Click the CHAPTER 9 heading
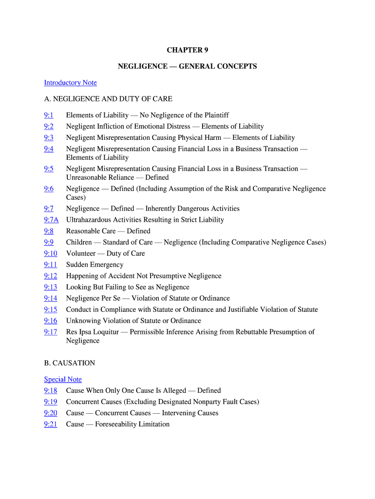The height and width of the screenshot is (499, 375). [x=187, y=50]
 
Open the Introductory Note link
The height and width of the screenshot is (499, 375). [x=70, y=82]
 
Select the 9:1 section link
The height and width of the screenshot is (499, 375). [x=49, y=115]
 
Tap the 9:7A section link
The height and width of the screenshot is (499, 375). [x=51, y=220]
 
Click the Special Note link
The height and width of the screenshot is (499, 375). [x=63, y=379]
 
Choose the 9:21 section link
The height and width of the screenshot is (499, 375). [x=50, y=424]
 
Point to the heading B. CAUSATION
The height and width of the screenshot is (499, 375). [x=70, y=363]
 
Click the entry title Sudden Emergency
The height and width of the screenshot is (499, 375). [x=94, y=265]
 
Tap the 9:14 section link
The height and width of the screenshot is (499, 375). [x=50, y=298]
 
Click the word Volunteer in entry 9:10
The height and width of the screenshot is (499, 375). [x=81, y=253]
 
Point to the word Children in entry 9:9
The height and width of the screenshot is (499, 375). [x=79, y=242]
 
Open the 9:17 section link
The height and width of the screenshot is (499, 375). [x=50, y=332]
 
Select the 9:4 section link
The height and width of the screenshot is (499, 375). [x=49, y=149]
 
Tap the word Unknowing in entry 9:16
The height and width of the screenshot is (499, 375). [x=83, y=321]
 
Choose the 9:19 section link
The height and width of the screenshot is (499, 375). [x=50, y=402]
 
